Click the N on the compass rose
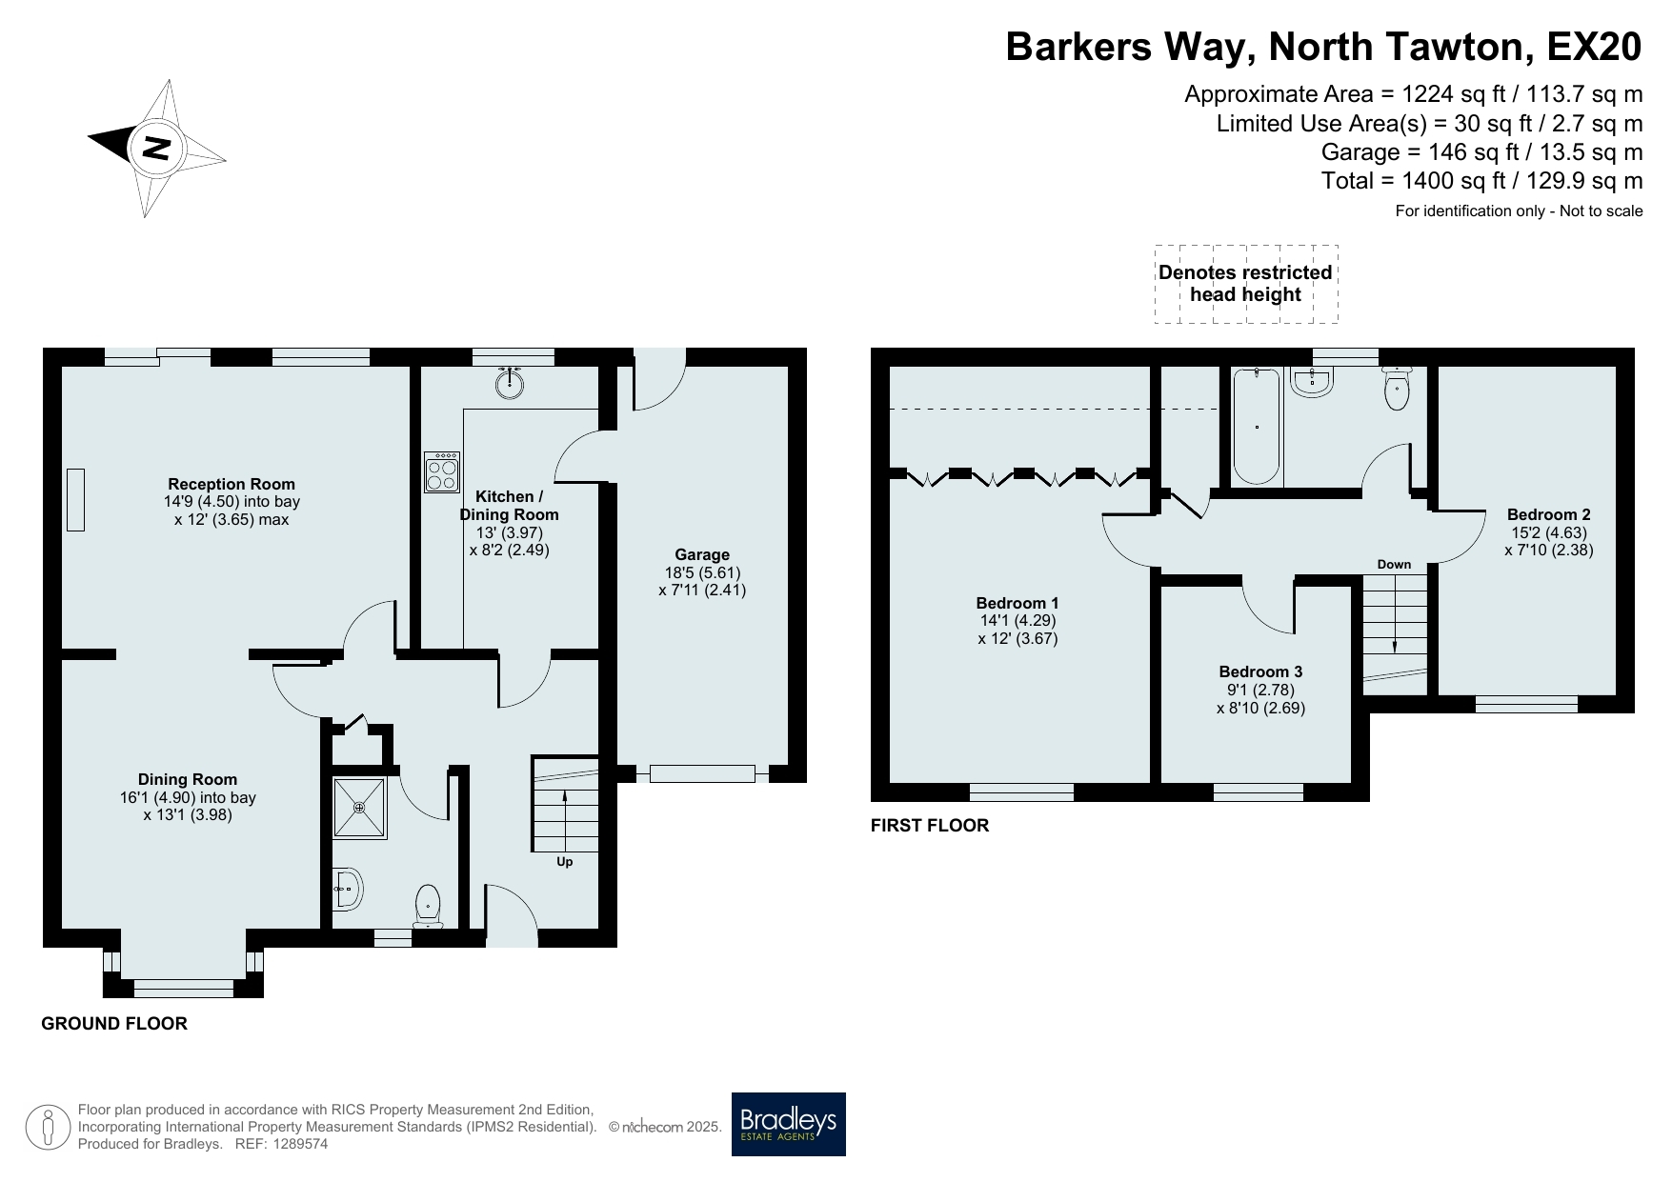tap(155, 148)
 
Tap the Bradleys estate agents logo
tap(788, 1124)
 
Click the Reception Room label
tap(232, 484)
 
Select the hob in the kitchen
tap(442, 472)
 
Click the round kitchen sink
tap(511, 383)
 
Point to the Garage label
tap(702, 554)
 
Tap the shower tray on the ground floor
tap(360, 809)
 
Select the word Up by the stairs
tap(565, 862)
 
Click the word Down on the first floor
tap(1394, 565)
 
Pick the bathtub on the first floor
tap(1257, 427)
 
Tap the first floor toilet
tap(1397, 389)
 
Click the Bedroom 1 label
tap(1017, 603)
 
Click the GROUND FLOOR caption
tap(114, 1024)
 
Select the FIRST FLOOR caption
tap(930, 826)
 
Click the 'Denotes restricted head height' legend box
tap(1246, 284)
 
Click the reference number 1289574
tap(300, 1144)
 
